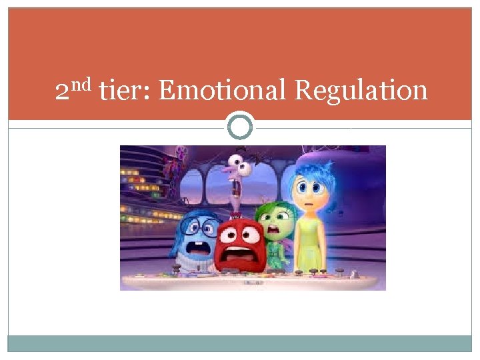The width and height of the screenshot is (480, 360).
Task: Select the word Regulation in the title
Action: click(361, 90)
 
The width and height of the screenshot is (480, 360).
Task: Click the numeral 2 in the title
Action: click(62, 91)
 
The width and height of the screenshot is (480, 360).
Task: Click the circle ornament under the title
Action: click(240, 125)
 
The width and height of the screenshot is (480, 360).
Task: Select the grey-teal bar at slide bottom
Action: click(240, 343)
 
